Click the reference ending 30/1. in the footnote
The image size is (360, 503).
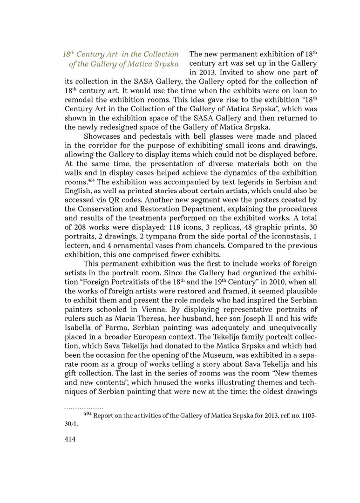(73, 424)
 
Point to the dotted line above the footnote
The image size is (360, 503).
(83, 408)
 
